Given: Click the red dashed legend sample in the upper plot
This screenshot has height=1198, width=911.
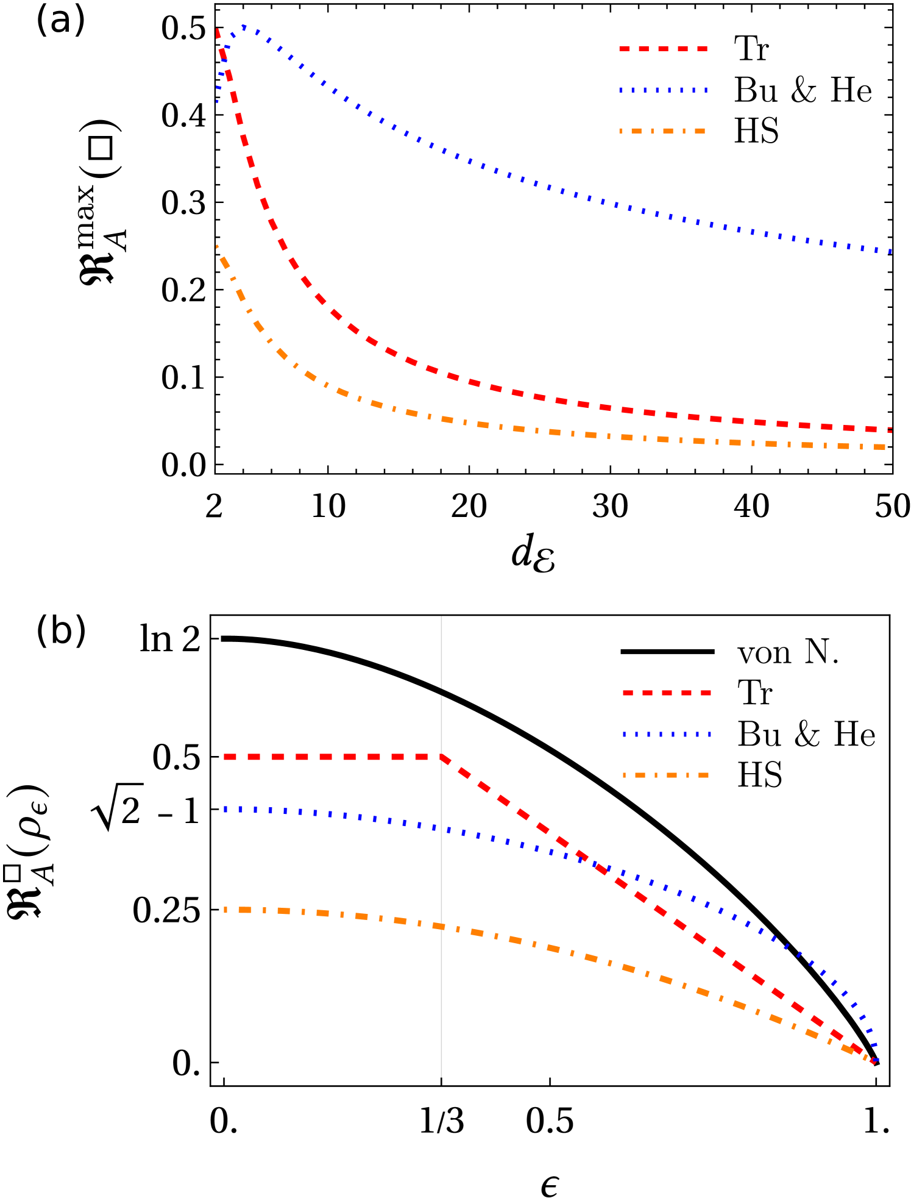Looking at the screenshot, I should pyautogui.click(x=663, y=49).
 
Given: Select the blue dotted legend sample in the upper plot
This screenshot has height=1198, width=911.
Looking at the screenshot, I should pyautogui.click(x=663, y=90).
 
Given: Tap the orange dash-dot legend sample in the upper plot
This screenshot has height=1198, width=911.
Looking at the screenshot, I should pyautogui.click(x=663, y=131).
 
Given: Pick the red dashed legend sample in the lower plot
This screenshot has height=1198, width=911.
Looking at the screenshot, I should pyautogui.click(x=667, y=693).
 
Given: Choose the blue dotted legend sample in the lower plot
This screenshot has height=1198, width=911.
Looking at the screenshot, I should pyautogui.click(x=667, y=735).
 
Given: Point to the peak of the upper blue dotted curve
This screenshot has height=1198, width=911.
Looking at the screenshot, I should pyautogui.click(x=244, y=27).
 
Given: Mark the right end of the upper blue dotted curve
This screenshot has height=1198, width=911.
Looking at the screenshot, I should pyautogui.click(x=891, y=251).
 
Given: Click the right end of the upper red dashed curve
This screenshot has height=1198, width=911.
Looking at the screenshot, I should pyautogui.click(x=891, y=430).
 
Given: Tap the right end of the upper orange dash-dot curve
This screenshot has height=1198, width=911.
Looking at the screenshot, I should pyautogui.click(x=885, y=447).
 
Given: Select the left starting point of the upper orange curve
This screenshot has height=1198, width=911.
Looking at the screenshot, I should pyautogui.click(x=217, y=246).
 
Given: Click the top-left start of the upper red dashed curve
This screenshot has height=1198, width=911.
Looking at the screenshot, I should pyautogui.click(x=218, y=29).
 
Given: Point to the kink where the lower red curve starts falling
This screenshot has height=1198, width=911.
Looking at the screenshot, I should pyautogui.click(x=441, y=757).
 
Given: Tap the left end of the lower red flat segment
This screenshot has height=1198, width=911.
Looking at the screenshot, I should pyautogui.click(x=225, y=757).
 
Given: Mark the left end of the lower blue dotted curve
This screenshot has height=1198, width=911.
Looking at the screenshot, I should pyautogui.click(x=225, y=810).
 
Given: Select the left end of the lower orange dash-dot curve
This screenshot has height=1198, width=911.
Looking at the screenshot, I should pyautogui.click(x=225, y=910).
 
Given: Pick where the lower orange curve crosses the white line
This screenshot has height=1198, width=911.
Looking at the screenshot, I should pyautogui.click(x=441, y=927).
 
